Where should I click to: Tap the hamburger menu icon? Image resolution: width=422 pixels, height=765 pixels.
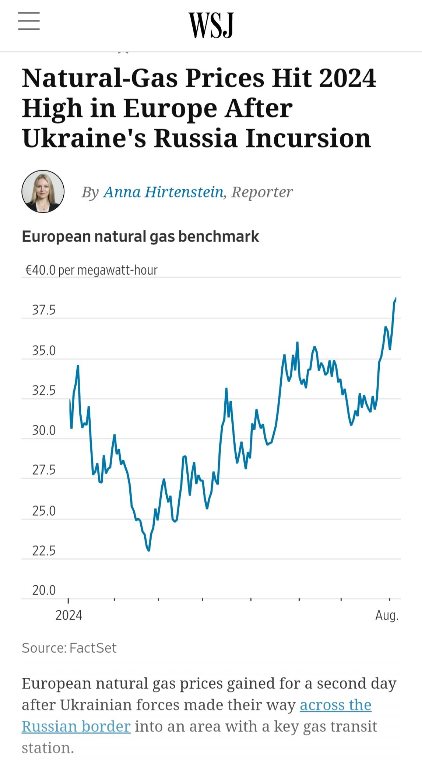29,21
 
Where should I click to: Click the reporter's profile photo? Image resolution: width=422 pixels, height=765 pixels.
43,191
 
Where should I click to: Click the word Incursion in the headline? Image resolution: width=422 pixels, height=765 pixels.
308,138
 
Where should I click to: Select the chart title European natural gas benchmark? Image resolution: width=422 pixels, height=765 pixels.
140,236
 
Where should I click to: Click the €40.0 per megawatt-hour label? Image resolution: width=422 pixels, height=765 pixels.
91,270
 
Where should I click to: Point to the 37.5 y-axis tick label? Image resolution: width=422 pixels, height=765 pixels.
44,310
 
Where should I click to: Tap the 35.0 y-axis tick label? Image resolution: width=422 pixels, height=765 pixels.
44,351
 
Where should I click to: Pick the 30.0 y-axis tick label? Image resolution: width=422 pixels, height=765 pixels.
44,430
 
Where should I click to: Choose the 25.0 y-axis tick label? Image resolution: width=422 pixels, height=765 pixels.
44,511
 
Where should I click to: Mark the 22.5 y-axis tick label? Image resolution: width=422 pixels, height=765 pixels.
44,551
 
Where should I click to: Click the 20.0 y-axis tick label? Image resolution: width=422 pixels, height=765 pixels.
44,590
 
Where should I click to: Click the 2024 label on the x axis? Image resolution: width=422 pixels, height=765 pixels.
69,615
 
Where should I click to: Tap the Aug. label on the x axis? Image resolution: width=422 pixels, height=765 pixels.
387,615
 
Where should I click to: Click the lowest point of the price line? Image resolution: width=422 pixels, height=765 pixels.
149,550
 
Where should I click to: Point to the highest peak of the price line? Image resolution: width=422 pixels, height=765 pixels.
396,298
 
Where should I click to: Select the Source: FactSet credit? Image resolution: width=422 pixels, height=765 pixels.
69,648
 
